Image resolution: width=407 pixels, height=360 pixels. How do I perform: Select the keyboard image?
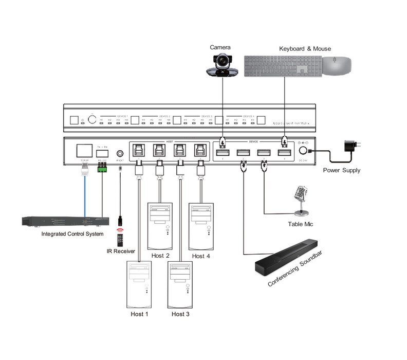click(x=282, y=66)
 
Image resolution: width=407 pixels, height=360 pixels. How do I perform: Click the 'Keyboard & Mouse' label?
click(x=305, y=48)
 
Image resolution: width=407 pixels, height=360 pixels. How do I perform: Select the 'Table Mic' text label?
click(x=300, y=224)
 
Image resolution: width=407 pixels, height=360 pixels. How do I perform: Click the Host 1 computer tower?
click(x=139, y=283)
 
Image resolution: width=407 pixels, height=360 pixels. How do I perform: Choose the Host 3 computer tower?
click(x=180, y=283)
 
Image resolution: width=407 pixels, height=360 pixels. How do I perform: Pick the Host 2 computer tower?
click(x=160, y=225)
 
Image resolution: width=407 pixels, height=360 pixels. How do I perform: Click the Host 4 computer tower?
click(x=201, y=225)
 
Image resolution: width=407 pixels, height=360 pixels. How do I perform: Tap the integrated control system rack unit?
click(x=66, y=222)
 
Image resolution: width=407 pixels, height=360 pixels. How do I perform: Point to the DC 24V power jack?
click(x=303, y=151)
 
